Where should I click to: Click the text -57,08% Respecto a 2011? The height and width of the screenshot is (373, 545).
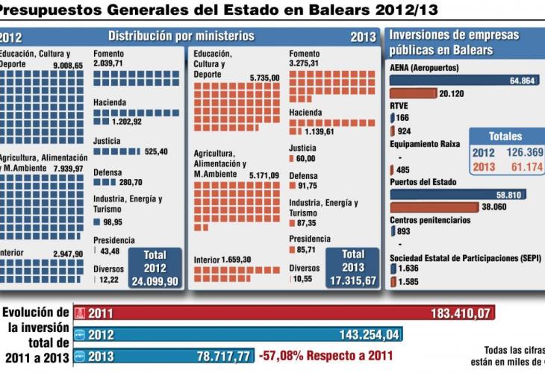pos(325,357)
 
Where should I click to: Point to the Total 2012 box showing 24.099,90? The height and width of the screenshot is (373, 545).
pos(155,267)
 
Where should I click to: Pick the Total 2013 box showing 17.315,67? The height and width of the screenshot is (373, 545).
pos(352,267)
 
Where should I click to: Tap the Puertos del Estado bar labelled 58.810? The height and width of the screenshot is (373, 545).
pos(458,195)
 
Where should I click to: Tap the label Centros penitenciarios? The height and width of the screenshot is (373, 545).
pos(430,220)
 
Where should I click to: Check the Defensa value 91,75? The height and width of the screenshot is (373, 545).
pos(306,186)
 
